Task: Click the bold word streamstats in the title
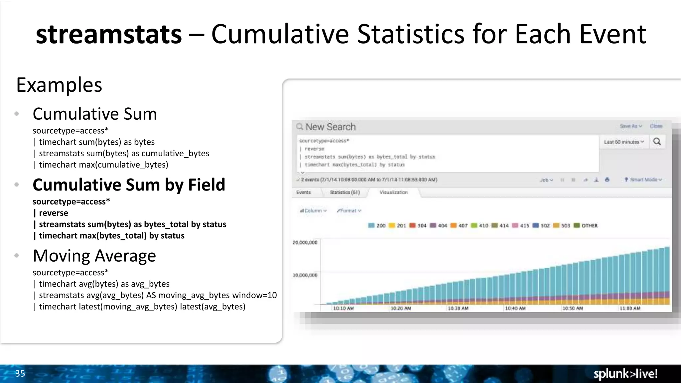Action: pos(109,34)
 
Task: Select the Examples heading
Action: pos(59,85)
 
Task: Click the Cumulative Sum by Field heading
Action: pos(129,185)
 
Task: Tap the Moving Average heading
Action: pos(94,256)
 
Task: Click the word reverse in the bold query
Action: pos(53,213)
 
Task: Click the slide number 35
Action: pos(20,374)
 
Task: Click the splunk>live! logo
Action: pos(625,374)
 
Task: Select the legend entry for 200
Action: pos(377,226)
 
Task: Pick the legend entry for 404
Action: pos(439,226)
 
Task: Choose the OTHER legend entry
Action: pos(586,226)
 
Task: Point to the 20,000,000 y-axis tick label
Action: pos(305,243)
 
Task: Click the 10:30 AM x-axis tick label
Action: pos(458,309)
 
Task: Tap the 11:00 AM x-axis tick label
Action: pos(630,309)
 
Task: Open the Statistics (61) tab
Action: pos(344,192)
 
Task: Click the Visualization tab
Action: pos(393,192)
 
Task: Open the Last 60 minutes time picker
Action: pos(624,142)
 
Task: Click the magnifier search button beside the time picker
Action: pos(657,142)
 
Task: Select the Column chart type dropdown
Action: pos(313,211)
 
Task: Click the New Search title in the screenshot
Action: pos(330,127)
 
